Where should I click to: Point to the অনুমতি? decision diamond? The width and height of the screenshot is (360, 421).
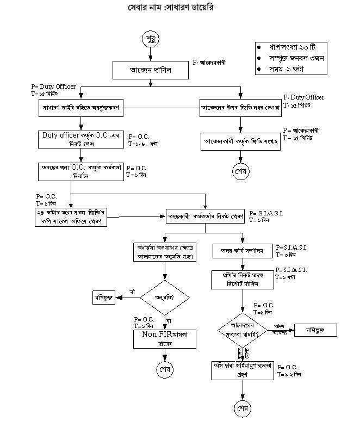click(165, 296)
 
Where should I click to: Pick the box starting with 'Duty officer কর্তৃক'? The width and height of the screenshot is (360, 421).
click(81, 139)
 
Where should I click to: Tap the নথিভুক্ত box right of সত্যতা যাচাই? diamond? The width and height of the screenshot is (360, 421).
click(316, 330)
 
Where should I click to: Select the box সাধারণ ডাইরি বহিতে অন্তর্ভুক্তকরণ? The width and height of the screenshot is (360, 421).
click(81, 108)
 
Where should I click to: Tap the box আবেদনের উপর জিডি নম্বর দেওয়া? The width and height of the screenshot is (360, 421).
click(240, 108)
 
